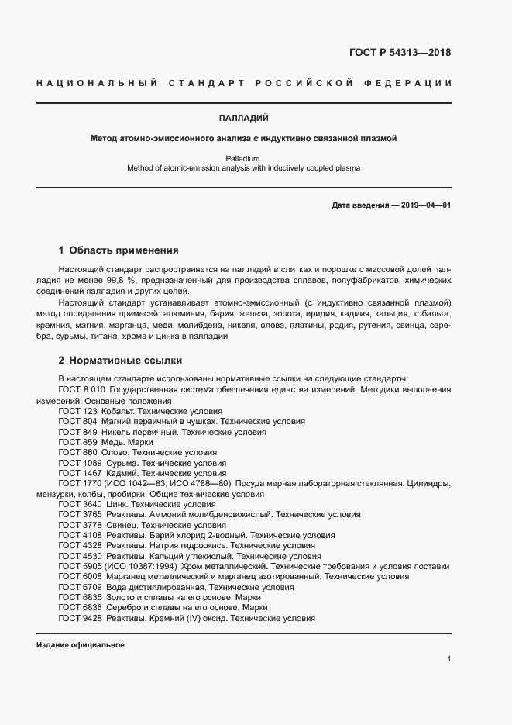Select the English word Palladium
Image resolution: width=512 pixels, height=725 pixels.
point(243,157)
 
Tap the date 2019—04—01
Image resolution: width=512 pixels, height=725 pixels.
point(424,205)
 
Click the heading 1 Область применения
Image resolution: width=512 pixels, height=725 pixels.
point(119,250)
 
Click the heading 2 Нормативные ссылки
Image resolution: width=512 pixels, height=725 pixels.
point(121,361)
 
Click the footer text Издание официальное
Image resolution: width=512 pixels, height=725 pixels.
point(81,645)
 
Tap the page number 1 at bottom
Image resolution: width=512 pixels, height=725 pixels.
point(448,659)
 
